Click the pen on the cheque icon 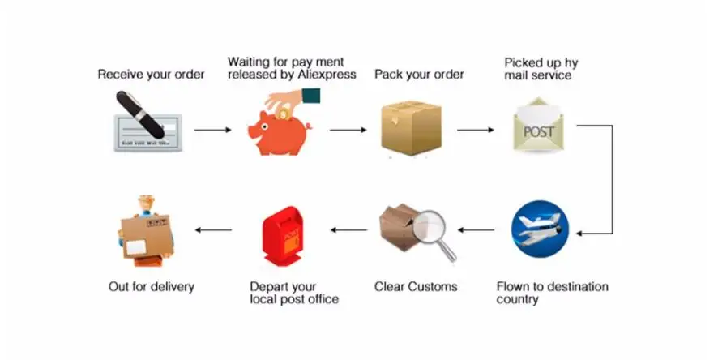pos(140,115)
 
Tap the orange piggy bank pos(280,133)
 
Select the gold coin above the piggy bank pos(284,113)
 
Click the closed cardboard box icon pos(411,127)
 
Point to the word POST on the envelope pos(538,132)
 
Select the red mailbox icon pos(282,235)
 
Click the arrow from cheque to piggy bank pos(213,130)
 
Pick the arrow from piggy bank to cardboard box pos(348,130)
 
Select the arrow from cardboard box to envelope pos(476,130)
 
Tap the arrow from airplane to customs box pos(477,230)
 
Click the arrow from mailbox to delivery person pos(213,230)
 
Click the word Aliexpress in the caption pos(327,75)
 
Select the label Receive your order pos(151,75)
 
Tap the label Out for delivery pos(152,287)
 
